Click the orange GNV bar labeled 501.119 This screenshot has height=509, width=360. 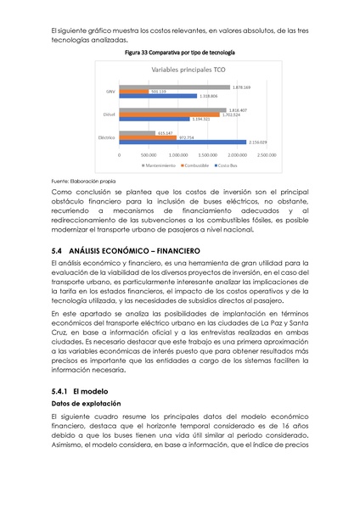(x=133, y=92)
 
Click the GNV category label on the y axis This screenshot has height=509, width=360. (x=110, y=92)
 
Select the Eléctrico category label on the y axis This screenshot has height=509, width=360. (x=107, y=137)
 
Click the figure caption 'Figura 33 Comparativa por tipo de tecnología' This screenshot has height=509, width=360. (x=180, y=53)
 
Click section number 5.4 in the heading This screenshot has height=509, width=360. (x=58, y=251)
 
